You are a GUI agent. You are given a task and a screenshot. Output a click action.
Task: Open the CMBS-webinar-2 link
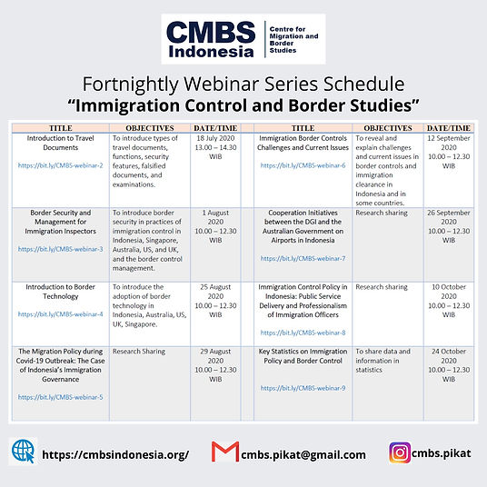[61, 166]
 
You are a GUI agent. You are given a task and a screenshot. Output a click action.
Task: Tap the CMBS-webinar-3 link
[61, 248]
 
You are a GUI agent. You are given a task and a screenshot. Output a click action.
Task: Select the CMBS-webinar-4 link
[61, 314]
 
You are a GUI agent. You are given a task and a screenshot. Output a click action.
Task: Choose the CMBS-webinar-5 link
[61, 397]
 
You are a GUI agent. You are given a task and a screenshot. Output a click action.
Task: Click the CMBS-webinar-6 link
[303, 166]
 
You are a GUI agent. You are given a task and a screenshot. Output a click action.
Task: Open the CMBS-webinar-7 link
[303, 259]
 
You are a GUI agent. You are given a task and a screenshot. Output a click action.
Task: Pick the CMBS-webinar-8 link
[303, 333]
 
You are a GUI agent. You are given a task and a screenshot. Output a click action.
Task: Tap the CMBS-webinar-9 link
[303, 388]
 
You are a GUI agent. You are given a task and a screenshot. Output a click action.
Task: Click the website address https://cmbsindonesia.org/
[115, 454]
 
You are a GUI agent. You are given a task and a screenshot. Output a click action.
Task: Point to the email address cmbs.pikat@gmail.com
[303, 454]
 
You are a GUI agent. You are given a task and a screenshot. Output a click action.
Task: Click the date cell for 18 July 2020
[215, 149]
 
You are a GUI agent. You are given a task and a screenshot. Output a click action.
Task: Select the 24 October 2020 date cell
[448, 362]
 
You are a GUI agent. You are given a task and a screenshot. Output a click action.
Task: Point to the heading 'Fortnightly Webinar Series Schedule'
[243, 83]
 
